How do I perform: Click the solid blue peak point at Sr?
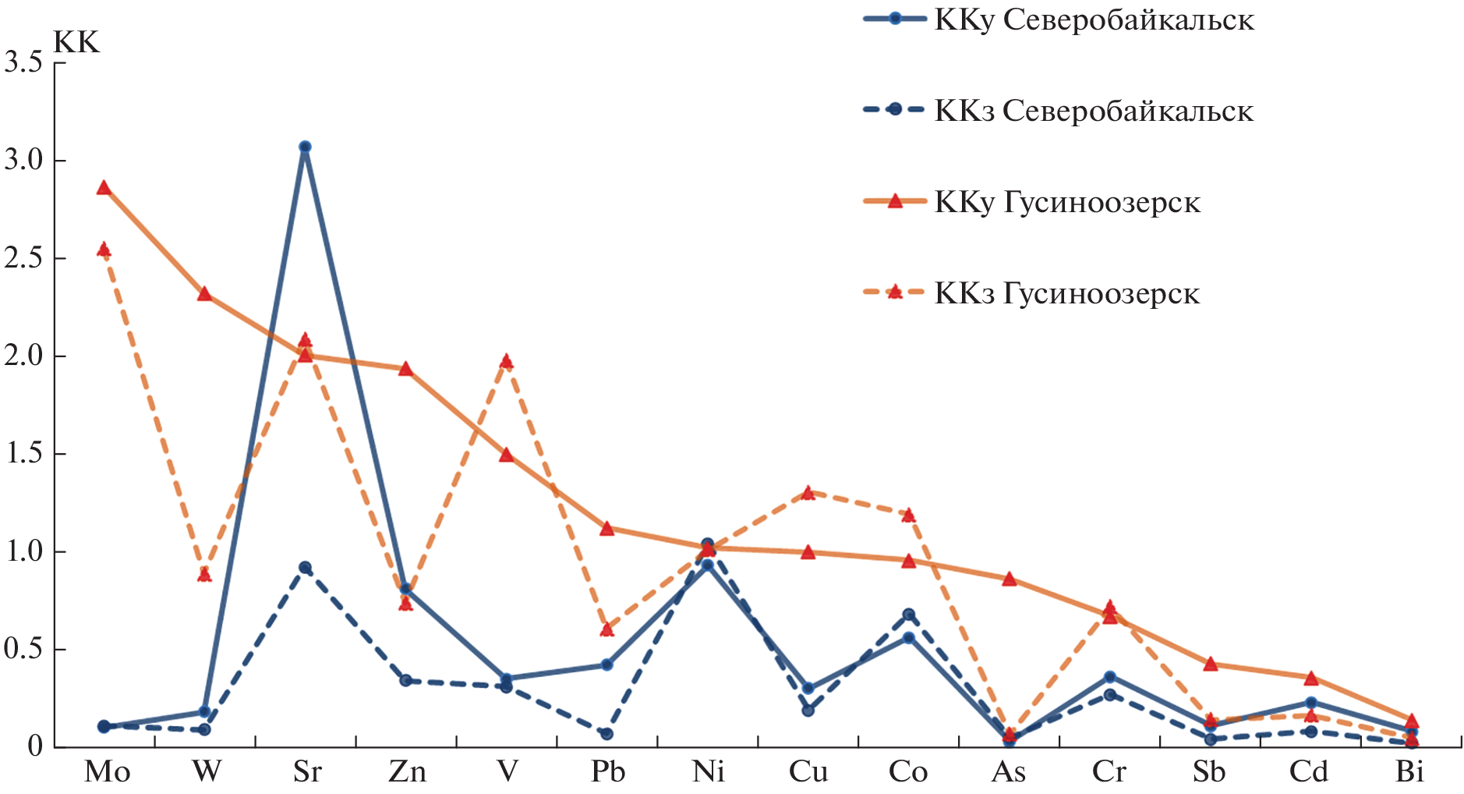[x=305, y=147]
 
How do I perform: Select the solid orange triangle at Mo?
[x=104, y=187]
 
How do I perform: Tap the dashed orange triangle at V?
[x=507, y=361]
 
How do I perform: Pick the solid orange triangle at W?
[x=204, y=294]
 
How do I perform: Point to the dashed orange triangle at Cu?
[x=808, y=493]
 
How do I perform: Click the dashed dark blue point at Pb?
[x=606, y=734]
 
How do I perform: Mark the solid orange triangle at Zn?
[x=405, y=369]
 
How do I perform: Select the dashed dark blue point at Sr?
[x=305, y=567]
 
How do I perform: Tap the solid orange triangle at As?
[x=1009, y=579]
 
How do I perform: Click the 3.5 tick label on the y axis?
[x=23, y=62]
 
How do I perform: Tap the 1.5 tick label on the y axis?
[x=23, y=454]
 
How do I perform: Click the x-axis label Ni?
[x=708, y=771]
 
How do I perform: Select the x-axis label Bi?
[x=1409, y=771]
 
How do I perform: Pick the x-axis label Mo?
[x=107, y=771]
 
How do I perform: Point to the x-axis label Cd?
[x=1308, y=771]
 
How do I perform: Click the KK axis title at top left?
[x=76, y=42]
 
